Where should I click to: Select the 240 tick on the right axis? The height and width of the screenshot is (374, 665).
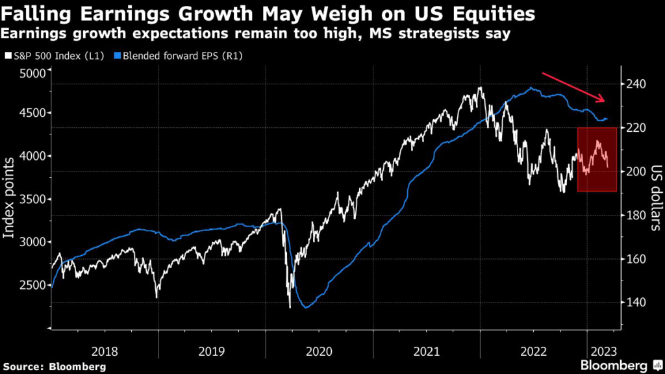pyautogui.click(x=637, y=84)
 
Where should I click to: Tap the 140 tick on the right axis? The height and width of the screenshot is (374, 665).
pyautogui.click(x=637, y=302)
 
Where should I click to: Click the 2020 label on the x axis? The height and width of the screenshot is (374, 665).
pyautogui.click(x=318, y=351)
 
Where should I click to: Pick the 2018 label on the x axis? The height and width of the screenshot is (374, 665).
pyautogui.click(x=105, y=351)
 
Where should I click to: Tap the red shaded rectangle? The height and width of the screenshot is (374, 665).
pyautogui.click(x=597, y=159)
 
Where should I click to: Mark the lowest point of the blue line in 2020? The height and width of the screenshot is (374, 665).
pyautogui.click(x=306, y=307)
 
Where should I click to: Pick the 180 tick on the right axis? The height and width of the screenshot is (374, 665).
pyautogui.click(x=637, y=215)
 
